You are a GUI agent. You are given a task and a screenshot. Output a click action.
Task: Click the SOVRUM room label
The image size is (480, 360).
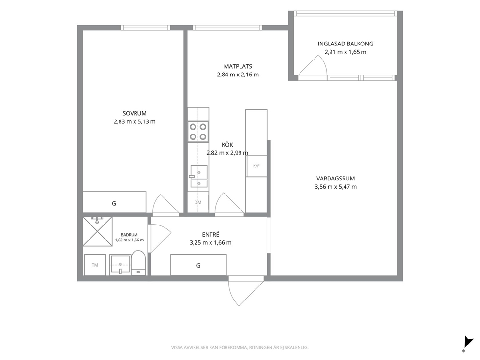pyautogui.click(x=135, y=113)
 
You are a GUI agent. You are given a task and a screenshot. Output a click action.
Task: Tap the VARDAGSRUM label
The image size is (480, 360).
pyautogui.click(x=335, y=179)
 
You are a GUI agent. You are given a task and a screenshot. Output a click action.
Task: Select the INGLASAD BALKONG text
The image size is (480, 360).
pyautogui.click(x=345, y=44)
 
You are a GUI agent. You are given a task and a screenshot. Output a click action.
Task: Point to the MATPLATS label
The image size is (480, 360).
pyautogui.click(x=238, y=66)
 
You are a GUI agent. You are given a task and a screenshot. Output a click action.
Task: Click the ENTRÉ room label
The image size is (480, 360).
pyautogui.click(x=210, y=235)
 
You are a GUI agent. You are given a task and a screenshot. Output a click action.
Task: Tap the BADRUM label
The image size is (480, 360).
pyautogui.click(x=129, y=235)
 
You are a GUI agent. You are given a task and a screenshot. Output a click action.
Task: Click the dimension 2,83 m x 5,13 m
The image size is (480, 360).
pyautogui.click(x=135, y=121)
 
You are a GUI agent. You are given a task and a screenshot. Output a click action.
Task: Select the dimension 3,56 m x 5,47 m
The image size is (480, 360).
pyautogui.click(x=335, y=187)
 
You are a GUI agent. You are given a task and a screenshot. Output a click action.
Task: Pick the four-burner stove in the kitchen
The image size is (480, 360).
pyautogui.click(x=198, y=132)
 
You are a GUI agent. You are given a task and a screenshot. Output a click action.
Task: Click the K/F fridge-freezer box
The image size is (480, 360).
pyautogui.click(x=256, y=166)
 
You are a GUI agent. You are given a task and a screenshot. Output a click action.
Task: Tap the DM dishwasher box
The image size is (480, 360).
pyautogui.click(x=198, y=202)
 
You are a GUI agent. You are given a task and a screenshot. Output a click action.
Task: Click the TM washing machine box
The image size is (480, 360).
pyautogui.click(x=95, y=265)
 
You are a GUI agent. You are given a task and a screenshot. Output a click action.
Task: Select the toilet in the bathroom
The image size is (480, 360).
pyautogui.click(x=138, y=263)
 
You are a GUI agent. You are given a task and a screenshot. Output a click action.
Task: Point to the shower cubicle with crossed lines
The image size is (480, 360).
pyautogui.click(x=98, y=231)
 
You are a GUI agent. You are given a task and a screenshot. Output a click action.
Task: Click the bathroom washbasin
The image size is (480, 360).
pyautogui.click(x=120, y=265)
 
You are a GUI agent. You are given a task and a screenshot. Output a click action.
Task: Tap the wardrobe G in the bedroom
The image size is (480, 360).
pyautogui.click(x=114, y=202)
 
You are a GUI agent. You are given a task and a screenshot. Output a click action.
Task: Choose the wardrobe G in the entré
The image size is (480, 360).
pyautogui.click(x=198, y=265)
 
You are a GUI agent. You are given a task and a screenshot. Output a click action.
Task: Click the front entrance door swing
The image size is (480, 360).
pyautogui.click(x=246, y=291)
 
